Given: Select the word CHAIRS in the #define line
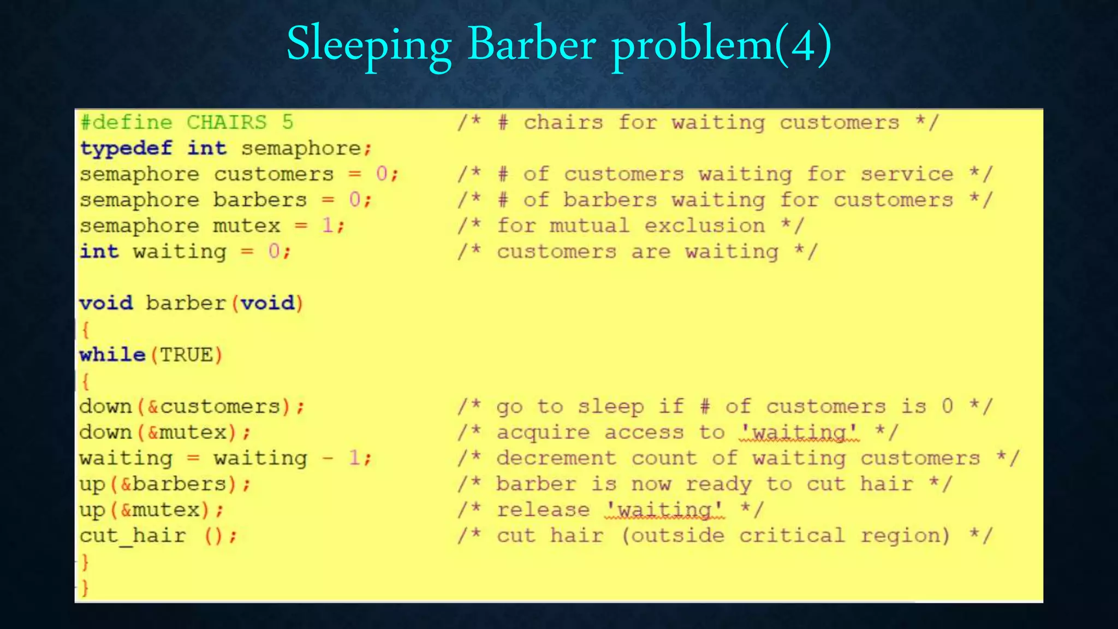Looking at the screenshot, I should (x=227, y=122).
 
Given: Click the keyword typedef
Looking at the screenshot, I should (x=126, y=149).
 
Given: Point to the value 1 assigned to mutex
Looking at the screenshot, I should (x=328, y=226).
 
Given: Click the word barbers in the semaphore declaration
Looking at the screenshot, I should (x=260, y=200).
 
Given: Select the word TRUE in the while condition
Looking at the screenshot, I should (x=186, y=355).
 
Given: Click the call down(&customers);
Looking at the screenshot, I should (x=192, y=407).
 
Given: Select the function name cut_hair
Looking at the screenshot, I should (x=133, y=536).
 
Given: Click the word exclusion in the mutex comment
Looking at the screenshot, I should (x=704, y=226).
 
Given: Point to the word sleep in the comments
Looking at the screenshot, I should (x=611, y=407).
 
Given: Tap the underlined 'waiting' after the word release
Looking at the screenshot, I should (x=664, y=510).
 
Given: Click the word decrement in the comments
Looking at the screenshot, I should (x=556, y=458).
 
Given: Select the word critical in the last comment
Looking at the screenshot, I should (x=792, y=536).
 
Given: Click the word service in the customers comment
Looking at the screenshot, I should (x=907, y=174).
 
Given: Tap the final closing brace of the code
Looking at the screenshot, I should (x=85, y=588).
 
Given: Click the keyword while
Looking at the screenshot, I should (x=112, y=355).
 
